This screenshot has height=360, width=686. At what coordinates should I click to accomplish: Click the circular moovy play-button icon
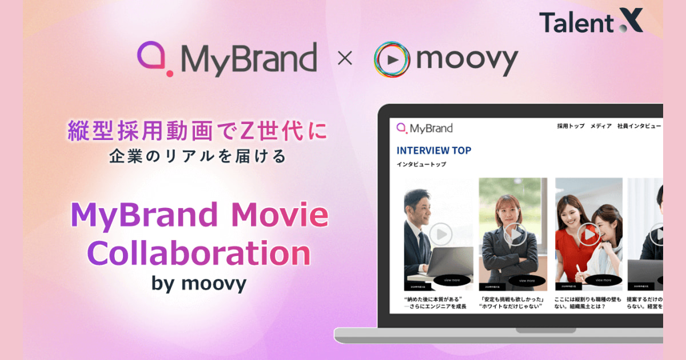pyautogui.click(x=393, y=59)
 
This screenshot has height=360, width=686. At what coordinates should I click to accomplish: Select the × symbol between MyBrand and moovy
pyautogui.click(x=345, y=59)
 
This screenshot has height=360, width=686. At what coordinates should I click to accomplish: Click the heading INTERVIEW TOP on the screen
pyautogui.click(x=434, y=150)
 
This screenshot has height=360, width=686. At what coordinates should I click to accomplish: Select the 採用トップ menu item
pyautogui.click(x=571, y=126)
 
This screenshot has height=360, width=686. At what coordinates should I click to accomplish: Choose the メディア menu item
pyautogui.click(x=601, y=126)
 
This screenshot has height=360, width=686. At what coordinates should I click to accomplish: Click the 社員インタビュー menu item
pyautogui.click(x=639, y=126)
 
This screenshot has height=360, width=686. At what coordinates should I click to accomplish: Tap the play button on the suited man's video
pyautogui.click(x=441, y=233)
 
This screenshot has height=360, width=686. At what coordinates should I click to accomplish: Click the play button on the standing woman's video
pyautogui.click(x=516, y=234)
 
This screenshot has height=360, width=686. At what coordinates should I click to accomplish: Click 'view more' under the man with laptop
pyautogui.click(x=451, y=280)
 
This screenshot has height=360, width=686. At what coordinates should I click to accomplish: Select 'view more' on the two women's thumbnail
pyautogui.click(x=603, y=280)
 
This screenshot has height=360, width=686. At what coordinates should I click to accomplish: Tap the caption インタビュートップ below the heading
pyautogui.click(x=421, y=165)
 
